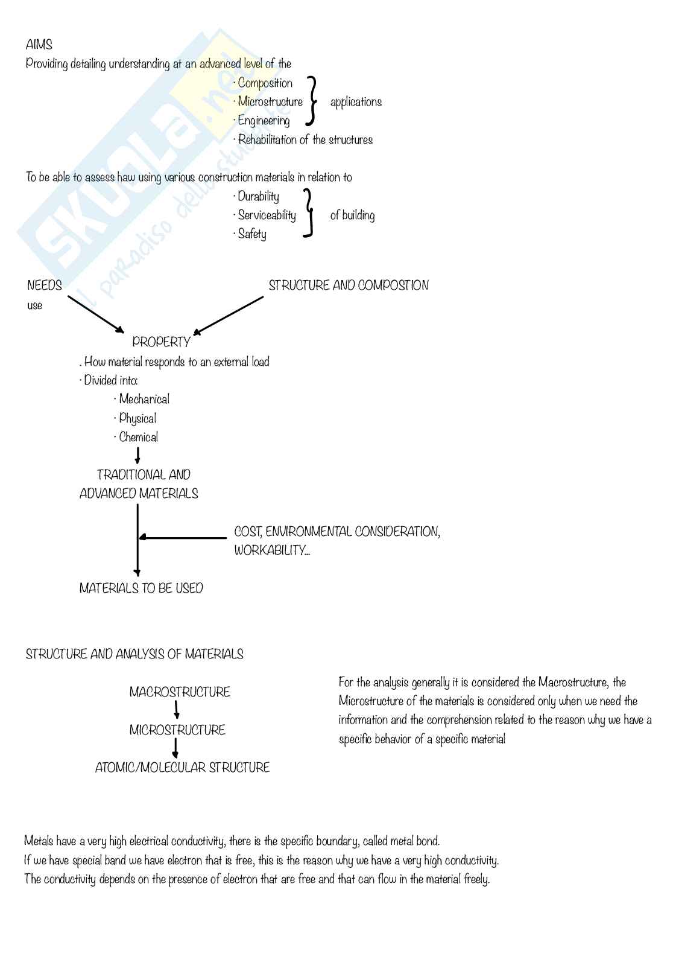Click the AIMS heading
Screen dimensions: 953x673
click(39, 45)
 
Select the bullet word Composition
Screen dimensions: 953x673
click(265, 83)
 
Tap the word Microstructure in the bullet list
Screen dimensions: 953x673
click(270, 102)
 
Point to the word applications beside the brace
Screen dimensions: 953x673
click(356, 102)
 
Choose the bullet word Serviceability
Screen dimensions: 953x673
click(267, 215)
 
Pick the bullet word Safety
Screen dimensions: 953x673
click(252, 234)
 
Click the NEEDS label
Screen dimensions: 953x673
click(45, 285)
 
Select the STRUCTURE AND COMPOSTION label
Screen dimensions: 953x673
click(349, 285)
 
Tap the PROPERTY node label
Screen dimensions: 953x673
click(161, 342)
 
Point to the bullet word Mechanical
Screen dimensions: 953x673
click(144, 400)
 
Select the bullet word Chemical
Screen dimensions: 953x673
click(139, 438)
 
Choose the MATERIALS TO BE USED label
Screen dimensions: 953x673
click(141, 588)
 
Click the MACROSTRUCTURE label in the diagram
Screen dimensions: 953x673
click(180, 692)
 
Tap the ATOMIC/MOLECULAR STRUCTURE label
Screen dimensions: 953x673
click(183, 768)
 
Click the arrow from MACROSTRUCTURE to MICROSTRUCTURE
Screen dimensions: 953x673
click(177, 710)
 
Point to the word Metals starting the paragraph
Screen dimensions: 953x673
click(39, 841)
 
